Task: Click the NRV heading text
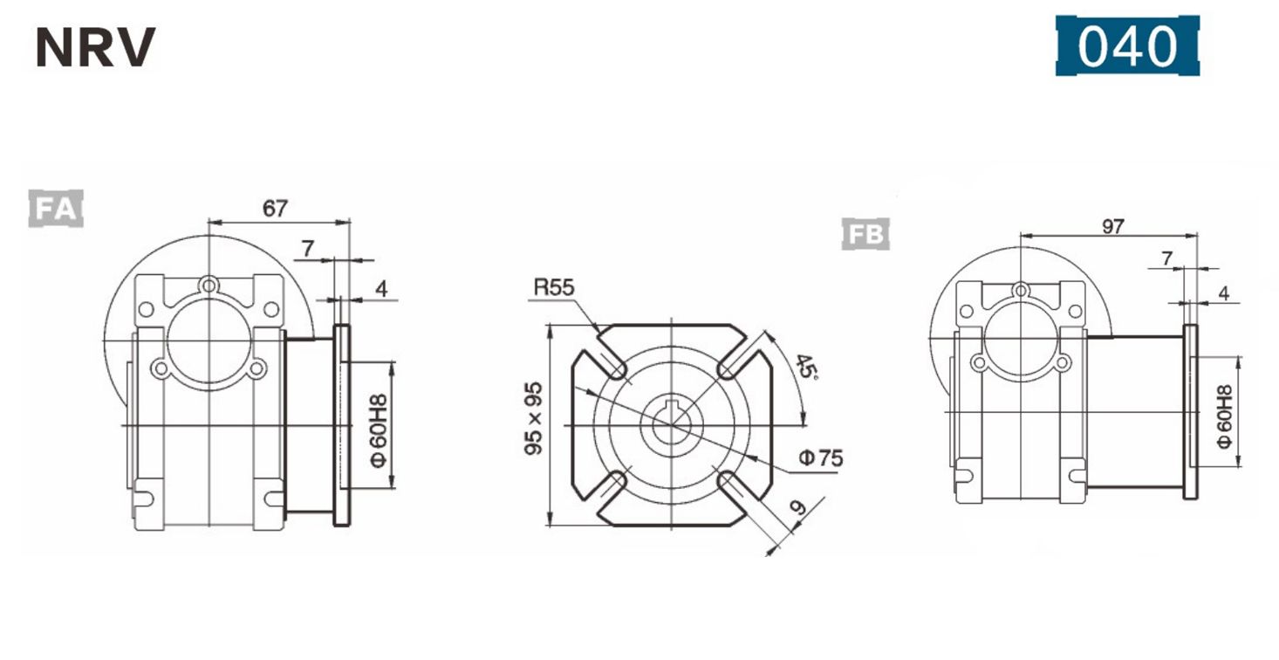click(95, 48)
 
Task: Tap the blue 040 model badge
click(1127, 45)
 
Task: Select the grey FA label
click(55, 209)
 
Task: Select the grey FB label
click(865, 233)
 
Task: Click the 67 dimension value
click(275, 209)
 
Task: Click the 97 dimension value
click(1111, 225)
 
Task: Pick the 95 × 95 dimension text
click(534, 417)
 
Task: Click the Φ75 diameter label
click(821, 457)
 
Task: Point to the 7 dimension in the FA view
click(307, 249)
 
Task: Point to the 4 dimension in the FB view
click(1223, 293)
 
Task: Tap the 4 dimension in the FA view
click(381, 290)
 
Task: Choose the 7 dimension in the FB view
click(1166, 258)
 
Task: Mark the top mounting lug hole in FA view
click(208, 285)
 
